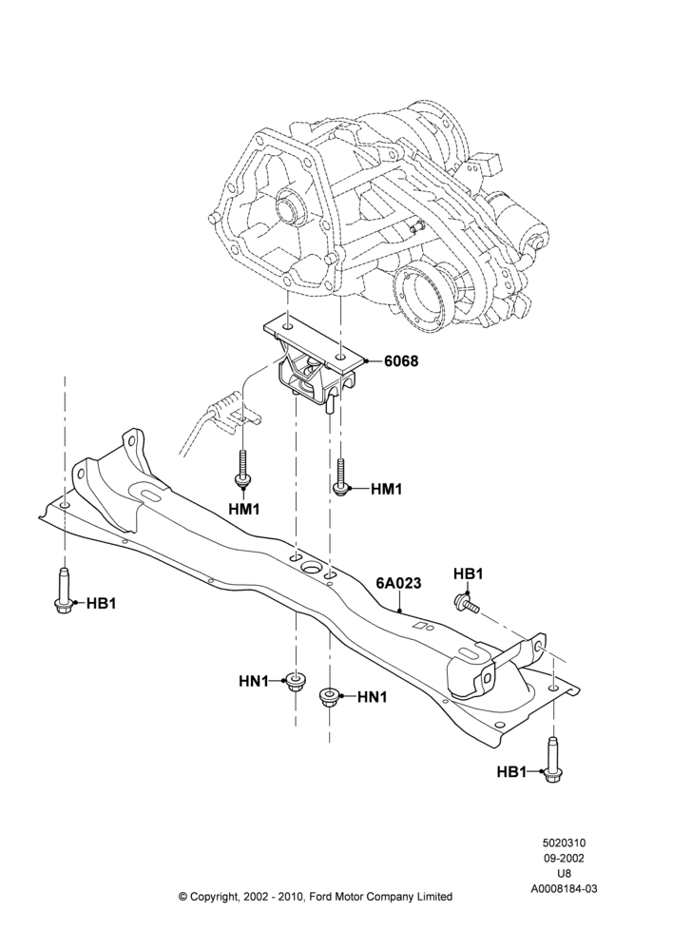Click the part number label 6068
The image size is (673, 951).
tap(401, 360)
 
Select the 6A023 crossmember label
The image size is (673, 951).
tap(398, 583)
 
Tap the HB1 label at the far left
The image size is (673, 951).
tap(101, 604)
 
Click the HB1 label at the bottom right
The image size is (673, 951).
tap(511, 771)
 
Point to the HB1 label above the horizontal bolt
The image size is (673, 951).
tap(468, 573)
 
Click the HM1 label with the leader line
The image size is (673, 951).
tap(386, 488)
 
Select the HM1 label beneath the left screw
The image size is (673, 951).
tap(243, 510)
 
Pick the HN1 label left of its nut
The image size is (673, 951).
tap(254, 681)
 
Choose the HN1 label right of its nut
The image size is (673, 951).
tap(372, 697)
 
